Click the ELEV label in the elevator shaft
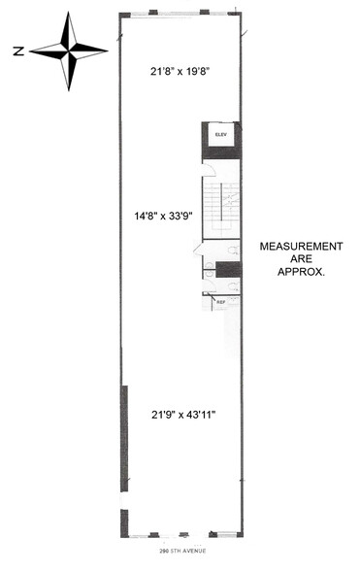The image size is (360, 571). click(x=221, y=134)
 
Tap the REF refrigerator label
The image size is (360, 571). click(x=220, y=302)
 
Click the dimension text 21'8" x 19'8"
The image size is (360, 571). click(x=180, y=71)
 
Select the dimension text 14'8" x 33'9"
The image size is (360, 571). click(x=163, y=216)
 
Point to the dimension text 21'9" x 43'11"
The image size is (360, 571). click(x=183, y=415)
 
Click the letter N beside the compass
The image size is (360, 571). click(x=18, y=50)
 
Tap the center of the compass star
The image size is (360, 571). click(x=69, y=50)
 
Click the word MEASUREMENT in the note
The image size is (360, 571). click(x=301, y=247)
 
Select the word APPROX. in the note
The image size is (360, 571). click(x=301, y=272)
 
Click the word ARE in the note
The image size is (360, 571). click(x=301, y=259)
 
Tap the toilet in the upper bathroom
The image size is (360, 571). click(x=233, y=251)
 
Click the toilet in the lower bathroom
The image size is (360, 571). click(x=233, y=285)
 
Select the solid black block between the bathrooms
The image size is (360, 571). click(x=229, y=270)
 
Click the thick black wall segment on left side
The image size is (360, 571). click(x=124, y=438)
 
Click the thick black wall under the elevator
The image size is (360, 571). click(x=221, y=152)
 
